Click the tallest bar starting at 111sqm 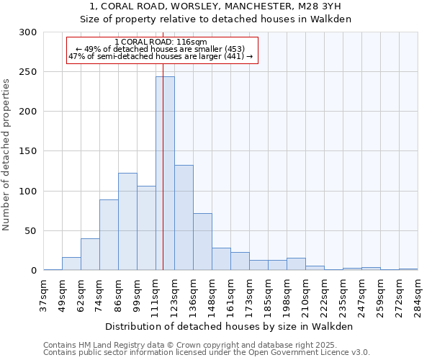point(165,173)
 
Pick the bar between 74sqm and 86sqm point(109,235)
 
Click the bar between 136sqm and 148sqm point(202,242)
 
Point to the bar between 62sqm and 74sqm point(90,254)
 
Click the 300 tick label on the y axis point(28,32)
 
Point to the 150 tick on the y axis point(28,151)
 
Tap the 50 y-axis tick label point(31,231)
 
